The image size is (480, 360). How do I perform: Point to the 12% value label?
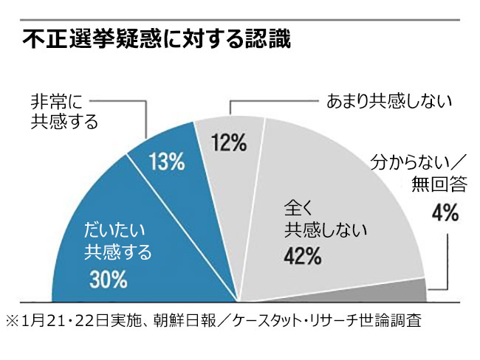point(230,142)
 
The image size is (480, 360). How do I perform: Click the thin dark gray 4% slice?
point(414,291)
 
